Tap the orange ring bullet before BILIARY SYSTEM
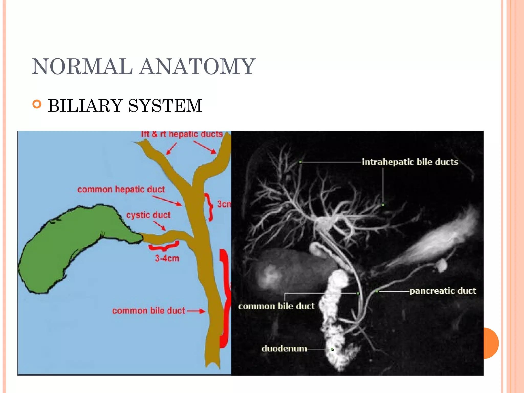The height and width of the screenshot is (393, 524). click(x=37, y=104)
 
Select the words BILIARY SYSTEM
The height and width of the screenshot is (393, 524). click(x=125, y=105)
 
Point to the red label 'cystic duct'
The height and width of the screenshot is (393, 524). click(x=148, y=215)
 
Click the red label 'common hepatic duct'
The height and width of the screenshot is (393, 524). click(x=121, y=189)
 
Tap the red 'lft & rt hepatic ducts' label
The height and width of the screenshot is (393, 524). click(x=182, y=134)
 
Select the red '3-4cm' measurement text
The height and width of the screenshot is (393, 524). click(x=167, y=258)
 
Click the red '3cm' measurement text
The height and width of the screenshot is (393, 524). click(x=224, y=204)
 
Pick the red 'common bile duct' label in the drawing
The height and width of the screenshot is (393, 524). click(x=148, y=311)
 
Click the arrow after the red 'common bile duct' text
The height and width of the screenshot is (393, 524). click(x=196, y=311)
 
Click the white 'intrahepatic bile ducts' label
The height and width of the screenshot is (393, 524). click(x=410, y=162)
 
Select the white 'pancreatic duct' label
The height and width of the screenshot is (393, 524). click(x=443, y=291)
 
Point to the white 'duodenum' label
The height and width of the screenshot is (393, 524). click(x=284, y=348)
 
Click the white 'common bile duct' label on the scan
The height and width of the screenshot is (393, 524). click(x=276, y=306)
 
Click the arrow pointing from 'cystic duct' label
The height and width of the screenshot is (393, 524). click(x=160, y=226)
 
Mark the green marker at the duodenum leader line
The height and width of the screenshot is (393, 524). click(x=332, y=349)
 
